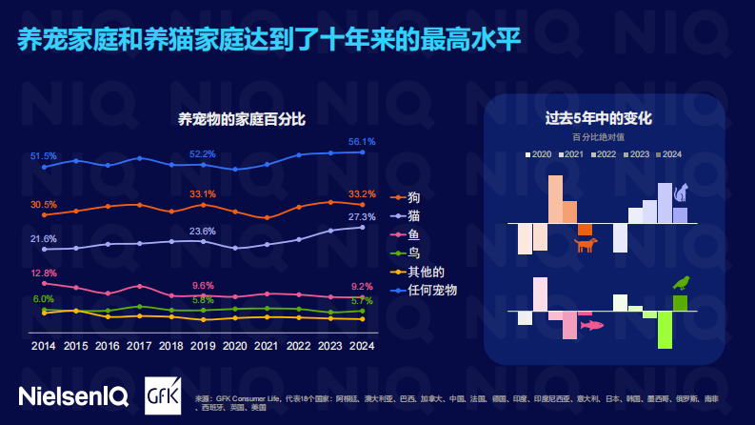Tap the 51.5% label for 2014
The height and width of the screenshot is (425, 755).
[44, 155]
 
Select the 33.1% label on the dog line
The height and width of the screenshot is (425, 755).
[202, 194]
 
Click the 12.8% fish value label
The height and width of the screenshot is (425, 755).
[44, 273]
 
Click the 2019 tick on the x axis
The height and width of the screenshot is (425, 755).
[202, 346]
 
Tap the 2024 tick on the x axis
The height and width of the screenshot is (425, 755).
[361, 346]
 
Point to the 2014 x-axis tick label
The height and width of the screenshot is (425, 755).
[44, 346]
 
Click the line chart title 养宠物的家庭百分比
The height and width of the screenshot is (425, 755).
[242, 119]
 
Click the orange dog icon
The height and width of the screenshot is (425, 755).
[586, 246]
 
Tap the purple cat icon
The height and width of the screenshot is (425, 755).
[681, 194]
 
